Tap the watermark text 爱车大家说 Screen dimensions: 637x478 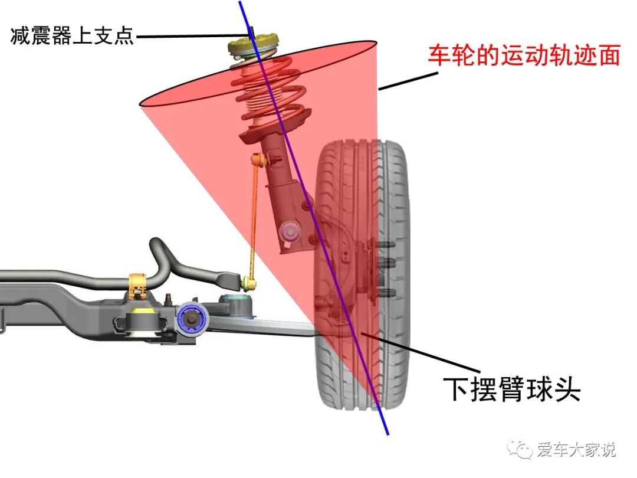pos(576,450)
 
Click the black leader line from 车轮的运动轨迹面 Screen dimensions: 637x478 pos(407,81)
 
